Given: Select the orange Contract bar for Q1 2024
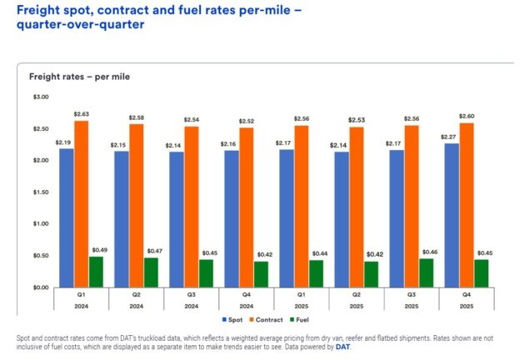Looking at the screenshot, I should pos(81,204).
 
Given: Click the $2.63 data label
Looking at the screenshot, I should pos(81,114).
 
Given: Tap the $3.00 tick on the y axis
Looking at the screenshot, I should pos(39,97).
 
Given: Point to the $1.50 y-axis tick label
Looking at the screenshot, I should pos(39,192).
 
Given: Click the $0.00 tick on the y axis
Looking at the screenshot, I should pos(39,287).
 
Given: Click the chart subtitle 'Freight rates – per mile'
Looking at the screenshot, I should pos(79,77).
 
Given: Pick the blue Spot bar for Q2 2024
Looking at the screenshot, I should pos(121,218).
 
